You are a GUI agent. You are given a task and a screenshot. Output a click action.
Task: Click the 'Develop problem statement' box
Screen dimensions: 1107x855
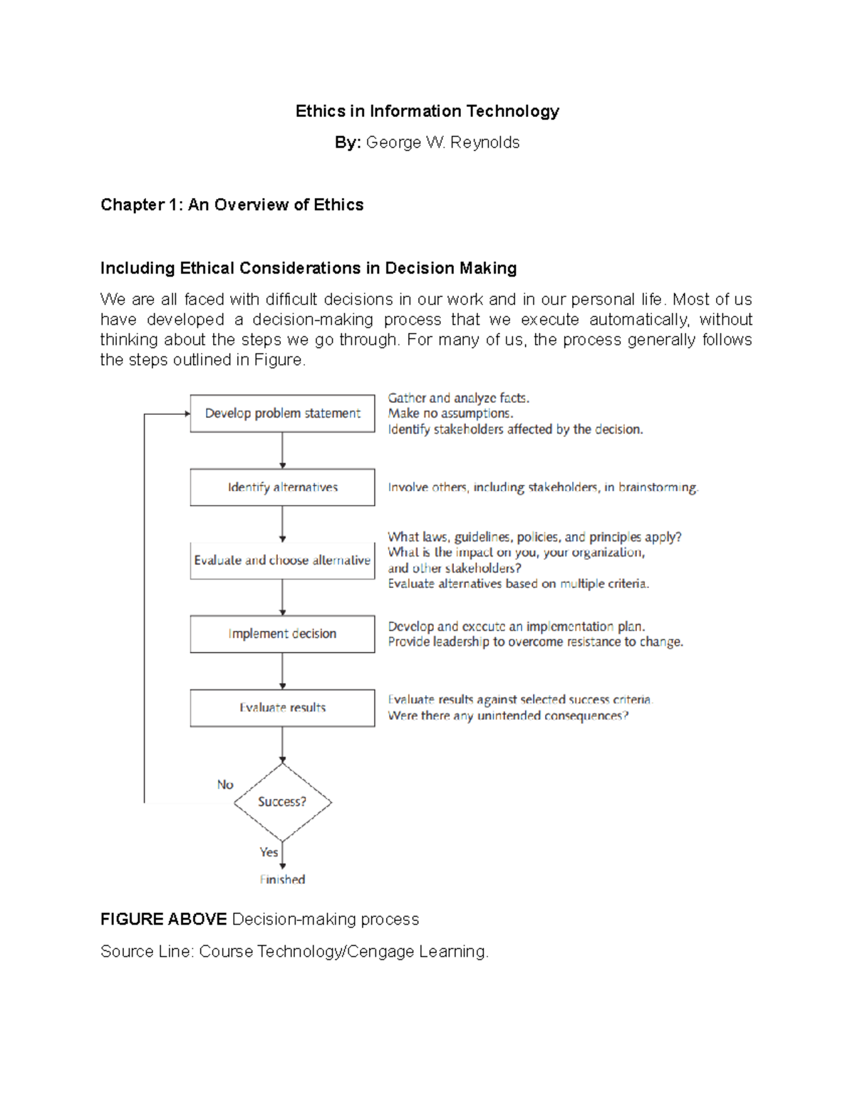pos(282,413)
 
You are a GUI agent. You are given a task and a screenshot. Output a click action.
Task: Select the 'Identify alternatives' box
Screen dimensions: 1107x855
pos(282,488)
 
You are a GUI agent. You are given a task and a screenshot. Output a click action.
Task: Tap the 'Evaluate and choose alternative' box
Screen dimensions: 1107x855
pos(282,560)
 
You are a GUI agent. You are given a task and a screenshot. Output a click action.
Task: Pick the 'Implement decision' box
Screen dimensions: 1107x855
pos(282,634)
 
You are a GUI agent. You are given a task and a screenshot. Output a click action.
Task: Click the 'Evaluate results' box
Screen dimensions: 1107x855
pos(282,708)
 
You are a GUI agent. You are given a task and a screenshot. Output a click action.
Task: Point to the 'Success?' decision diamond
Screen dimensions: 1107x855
pos(282,802)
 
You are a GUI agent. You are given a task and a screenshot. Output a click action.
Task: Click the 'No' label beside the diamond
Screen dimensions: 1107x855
pos(225,785)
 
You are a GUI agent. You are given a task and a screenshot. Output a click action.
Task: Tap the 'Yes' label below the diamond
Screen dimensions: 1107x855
pos(269,853)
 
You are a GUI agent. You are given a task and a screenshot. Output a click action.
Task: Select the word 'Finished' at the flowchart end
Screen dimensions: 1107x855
pos(282,880)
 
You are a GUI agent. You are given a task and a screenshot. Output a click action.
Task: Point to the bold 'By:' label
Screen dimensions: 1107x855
pos(348,143)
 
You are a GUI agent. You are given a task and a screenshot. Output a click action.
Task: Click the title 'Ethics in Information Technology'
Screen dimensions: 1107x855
pos(427,111)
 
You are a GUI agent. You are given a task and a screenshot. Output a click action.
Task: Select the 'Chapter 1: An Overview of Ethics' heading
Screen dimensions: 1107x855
pos(232,205)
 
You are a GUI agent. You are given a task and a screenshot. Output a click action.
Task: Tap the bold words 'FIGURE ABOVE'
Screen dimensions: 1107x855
pos(163,920)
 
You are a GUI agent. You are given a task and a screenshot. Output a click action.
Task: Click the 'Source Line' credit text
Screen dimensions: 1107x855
pos(294,952)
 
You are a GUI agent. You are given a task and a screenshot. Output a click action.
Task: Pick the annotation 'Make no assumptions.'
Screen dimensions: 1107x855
pos(450,413)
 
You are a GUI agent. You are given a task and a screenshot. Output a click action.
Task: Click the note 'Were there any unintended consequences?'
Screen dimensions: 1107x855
pos(508,716)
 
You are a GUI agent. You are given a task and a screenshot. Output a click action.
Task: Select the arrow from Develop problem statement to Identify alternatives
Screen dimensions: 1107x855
pos(283,450)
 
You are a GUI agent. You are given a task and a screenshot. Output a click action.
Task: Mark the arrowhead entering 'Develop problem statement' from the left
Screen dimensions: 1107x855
pos(187,413)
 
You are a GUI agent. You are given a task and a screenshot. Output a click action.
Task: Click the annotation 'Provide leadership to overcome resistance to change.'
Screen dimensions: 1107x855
pos(535,642)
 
